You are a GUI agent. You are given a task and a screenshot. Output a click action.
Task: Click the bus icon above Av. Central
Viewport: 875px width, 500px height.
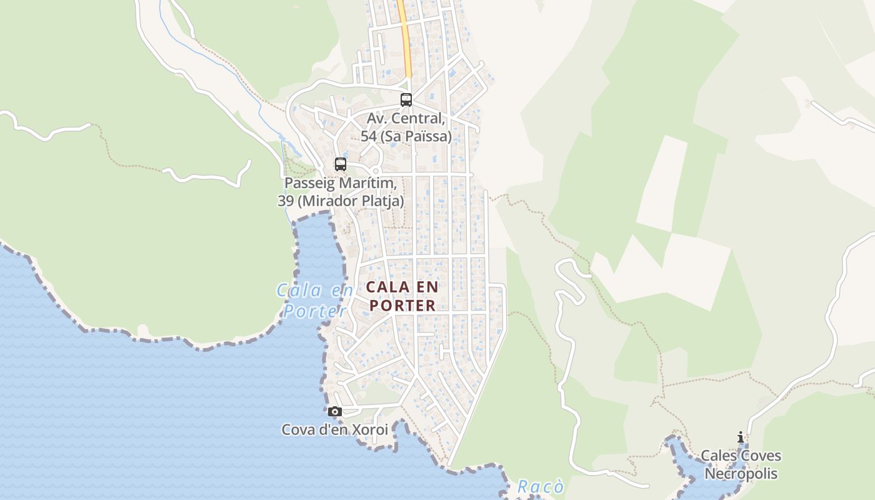click(x=406, y=99)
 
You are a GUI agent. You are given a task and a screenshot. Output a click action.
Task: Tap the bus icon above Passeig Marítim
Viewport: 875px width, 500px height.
click(x=341, y=164)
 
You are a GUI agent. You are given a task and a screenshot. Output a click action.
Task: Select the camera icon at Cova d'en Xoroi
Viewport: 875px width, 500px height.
click(x=335, y=411)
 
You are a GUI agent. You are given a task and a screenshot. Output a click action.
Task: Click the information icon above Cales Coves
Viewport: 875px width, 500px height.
click(x=741, y=437)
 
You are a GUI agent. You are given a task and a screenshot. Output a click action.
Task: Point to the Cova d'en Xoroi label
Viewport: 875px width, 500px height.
click(x=334, y=430)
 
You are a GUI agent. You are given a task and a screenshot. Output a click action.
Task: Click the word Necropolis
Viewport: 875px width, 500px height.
click(x=741, y=473)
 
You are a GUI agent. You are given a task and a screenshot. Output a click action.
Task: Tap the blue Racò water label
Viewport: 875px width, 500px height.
click(x=541, y=487)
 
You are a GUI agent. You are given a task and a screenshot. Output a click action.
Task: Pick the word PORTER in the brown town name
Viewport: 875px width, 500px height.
click(x=401, y=306)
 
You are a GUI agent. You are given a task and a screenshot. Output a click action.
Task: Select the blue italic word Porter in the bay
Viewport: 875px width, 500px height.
click(x=315, y=311)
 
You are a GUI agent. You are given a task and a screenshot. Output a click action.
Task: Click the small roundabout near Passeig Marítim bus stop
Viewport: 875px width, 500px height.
click(x=376, y=171)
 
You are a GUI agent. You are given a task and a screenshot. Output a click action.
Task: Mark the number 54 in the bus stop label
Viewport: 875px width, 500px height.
click(x=369, y=136)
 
